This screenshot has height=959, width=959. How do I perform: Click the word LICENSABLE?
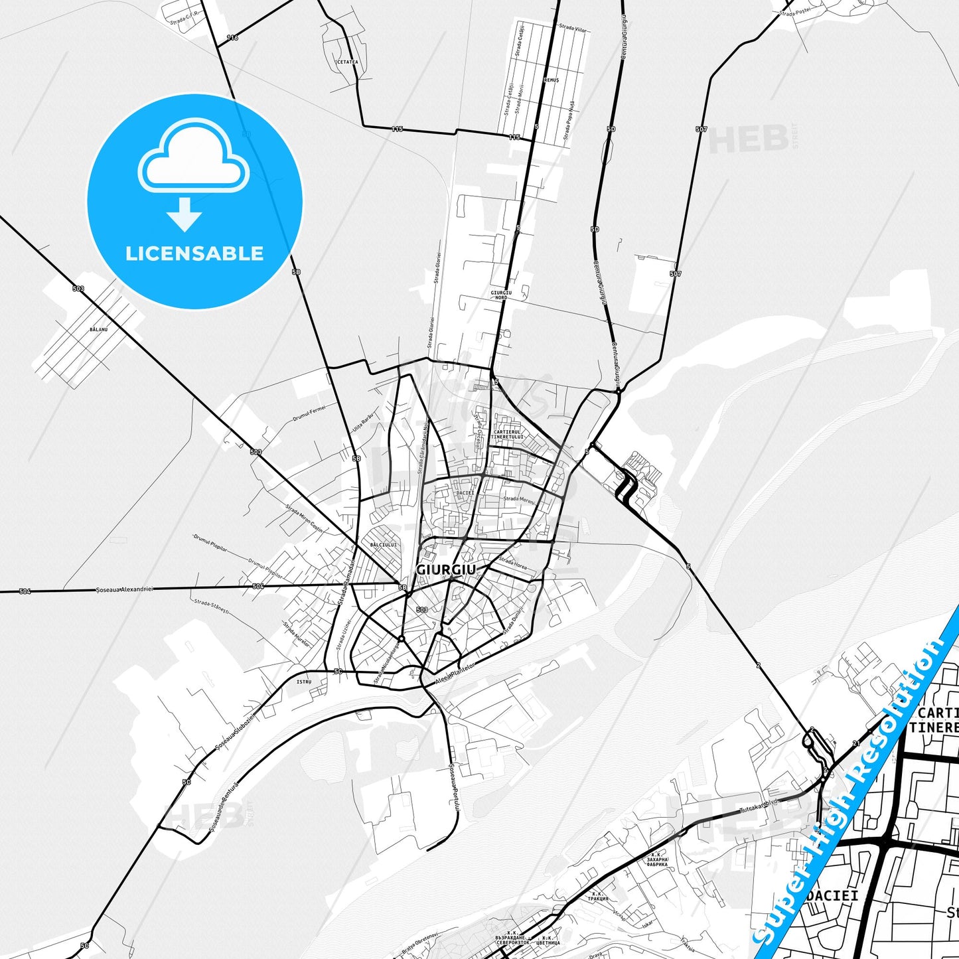coord(194,253)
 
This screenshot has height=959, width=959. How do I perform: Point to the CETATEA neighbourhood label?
coord(347,62)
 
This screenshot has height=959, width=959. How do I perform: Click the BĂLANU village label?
coord(98,329)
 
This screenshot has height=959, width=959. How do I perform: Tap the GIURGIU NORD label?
coord(501,295)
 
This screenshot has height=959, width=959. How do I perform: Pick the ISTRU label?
coord(303,682)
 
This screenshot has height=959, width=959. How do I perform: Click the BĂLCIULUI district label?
coord(384,544)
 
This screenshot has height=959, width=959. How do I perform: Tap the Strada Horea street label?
coord(513,563)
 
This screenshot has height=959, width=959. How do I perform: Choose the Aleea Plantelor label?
coord(455,674)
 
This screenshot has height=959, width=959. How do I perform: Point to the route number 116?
coord(232,38)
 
